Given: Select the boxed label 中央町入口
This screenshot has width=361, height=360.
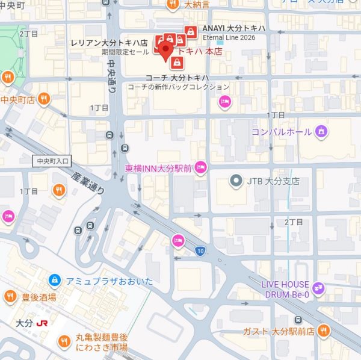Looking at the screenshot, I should pyautogui.click(x=53, y=161).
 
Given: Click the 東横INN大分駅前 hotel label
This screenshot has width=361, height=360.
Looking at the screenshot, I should pyautogui.click(x=158, y=169).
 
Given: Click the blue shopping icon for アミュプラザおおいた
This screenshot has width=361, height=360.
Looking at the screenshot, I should pyautogui.click(x=54, y=280).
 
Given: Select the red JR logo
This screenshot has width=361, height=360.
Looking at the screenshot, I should pyautogui.click(x=42, y=323).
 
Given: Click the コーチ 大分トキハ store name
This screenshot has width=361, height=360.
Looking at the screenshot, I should pyautogui.click(x=176, y=78).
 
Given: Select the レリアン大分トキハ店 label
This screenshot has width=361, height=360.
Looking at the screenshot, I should pyautogui.click(x=108, y=44).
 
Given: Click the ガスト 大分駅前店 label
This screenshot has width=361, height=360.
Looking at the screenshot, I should pyautogui.click(x=280, y=331).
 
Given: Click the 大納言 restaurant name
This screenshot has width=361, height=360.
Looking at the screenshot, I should pyautogui.click(x=197, y=5).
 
